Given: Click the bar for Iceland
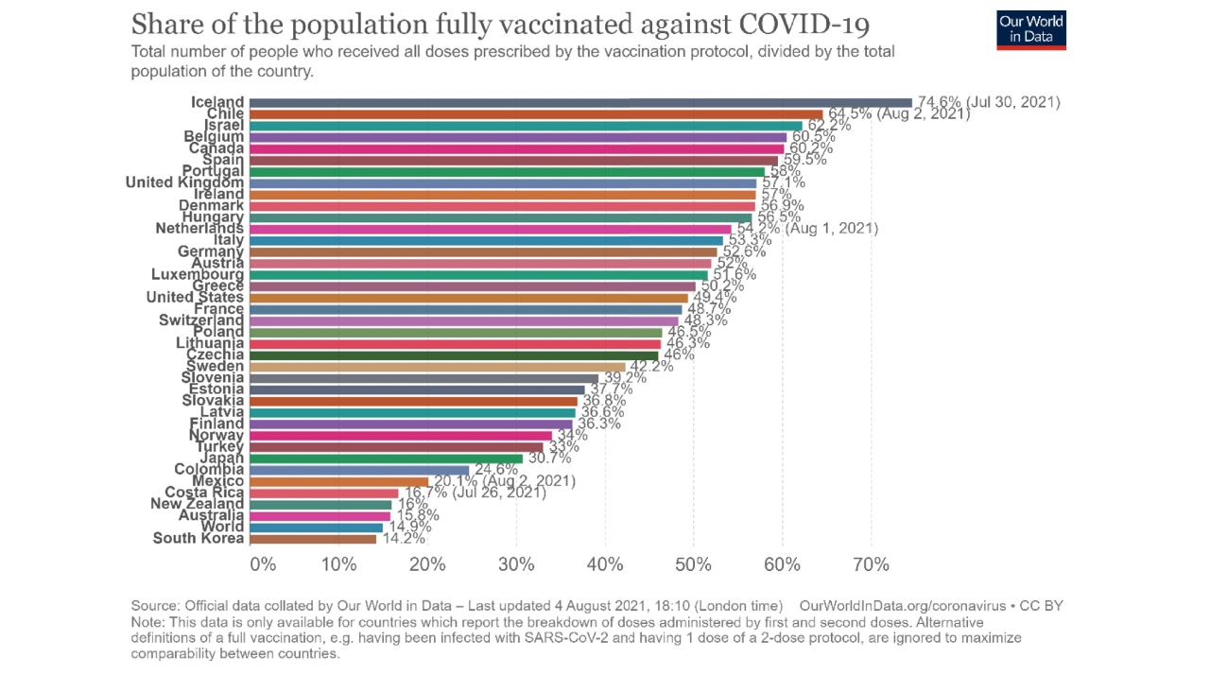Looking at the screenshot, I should click(581, 102).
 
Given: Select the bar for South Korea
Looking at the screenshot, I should click(314, 539).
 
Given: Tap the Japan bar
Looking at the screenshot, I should click(387, 458).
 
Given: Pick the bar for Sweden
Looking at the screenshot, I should click(439, 367).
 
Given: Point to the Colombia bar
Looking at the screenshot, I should click(360, 470).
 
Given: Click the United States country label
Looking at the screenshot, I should click(195, 298).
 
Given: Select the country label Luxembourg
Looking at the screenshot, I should click(198, 275).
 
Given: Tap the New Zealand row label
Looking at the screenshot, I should click(197, 504).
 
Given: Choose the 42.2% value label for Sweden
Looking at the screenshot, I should click(651, 367).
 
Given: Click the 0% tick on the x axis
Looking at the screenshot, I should click(263, 565).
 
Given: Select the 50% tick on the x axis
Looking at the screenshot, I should click(694, 565).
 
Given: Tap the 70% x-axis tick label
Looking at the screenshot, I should click(871, 565).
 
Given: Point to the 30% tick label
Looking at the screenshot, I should click(517, 565).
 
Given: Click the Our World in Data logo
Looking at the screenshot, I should click(1031, 30).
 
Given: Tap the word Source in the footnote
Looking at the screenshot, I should click(154, 606).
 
